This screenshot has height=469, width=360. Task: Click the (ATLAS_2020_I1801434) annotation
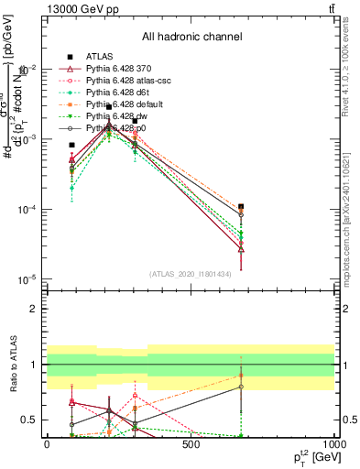click(190, 272)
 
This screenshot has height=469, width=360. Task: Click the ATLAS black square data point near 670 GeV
click(241, 207)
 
